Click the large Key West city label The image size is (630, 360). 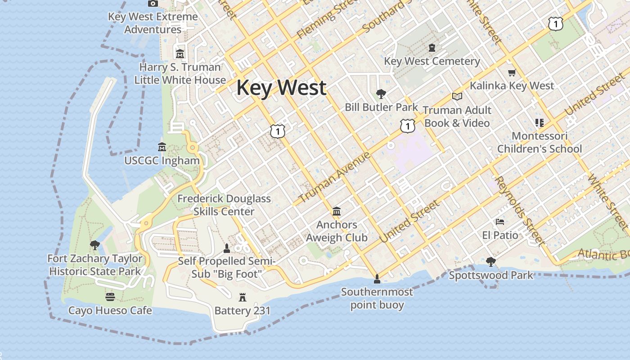281,87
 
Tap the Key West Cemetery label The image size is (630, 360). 432,61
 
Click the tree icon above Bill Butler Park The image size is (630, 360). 381,94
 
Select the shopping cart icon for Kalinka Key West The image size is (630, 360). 512,72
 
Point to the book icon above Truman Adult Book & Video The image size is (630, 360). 457,96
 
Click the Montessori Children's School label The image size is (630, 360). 540,142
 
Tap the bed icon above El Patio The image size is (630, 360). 500,222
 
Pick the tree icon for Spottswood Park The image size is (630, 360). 491,261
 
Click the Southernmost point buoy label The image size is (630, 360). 377,298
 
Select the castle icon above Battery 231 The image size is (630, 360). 243,297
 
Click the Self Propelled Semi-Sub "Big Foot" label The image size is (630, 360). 226,267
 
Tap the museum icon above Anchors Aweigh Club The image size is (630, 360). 337,211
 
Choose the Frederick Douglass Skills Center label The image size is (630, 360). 224,205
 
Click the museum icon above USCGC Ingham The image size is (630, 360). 162,147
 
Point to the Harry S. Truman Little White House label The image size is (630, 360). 180,74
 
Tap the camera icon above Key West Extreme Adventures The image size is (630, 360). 153,4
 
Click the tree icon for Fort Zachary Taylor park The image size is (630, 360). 94,245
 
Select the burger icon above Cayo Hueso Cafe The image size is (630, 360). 110,297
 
